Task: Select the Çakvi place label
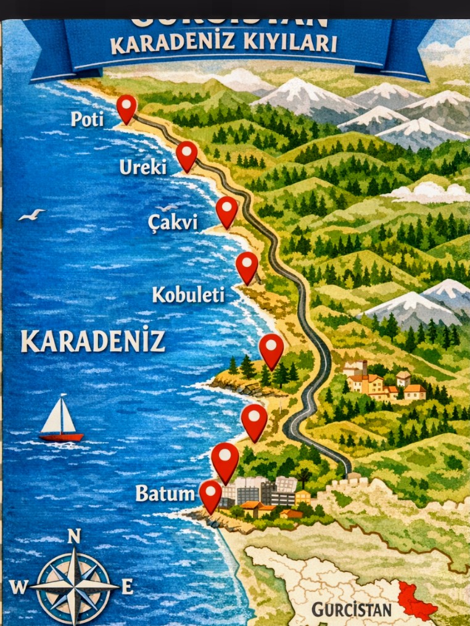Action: click(x=173, y=222)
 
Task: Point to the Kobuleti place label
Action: click(x=188, y=295)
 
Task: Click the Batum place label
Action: click(x=165, y=493)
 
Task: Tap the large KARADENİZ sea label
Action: click(x=93, y=341)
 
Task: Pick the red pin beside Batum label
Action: click(x=210, y=495)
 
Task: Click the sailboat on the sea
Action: click(x=60, y=420)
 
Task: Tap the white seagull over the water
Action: click(x=31, y=214)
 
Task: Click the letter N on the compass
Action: click(x=74, y=536)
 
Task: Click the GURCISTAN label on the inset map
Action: click(x=352, y=610)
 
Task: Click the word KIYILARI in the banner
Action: click(x=288, y=44)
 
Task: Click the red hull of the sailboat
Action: click(x=61, y=437)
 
